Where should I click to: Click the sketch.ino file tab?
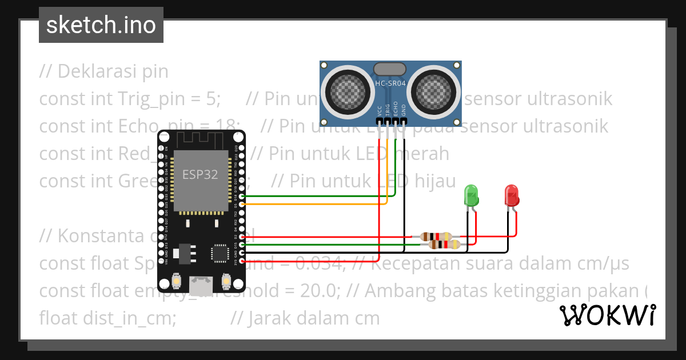coord(101,25)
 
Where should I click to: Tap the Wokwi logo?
coord(607,315)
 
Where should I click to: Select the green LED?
coord(471,195)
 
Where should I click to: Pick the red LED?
coord(512,195)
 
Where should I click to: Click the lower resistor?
coord(444,245)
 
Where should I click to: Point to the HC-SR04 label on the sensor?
coord(390,83)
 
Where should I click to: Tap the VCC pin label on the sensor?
coord(380,110)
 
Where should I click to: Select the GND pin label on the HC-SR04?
coord(404,110)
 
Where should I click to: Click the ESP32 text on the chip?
coord(200,175)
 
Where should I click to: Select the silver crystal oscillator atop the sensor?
coord(390,70)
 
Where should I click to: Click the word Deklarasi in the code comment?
coord(94,71)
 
